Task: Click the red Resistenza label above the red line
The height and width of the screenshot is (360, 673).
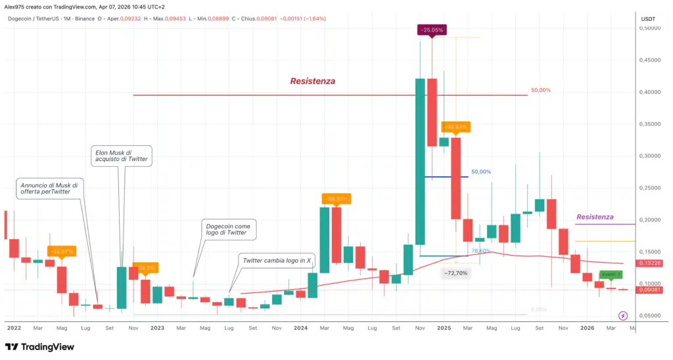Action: [313, 81]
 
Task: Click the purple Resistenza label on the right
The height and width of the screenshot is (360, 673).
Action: [595, 217]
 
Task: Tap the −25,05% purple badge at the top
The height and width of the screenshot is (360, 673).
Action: [432, 30]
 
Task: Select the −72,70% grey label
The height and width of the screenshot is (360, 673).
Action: [455, 273]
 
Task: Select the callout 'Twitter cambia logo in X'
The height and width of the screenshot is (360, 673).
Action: [275, 261]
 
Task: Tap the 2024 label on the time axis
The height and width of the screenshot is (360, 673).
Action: [300, 326]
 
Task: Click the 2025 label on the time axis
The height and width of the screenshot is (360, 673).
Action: [444, 326]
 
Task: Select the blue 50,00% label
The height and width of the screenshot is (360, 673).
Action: [481, 171]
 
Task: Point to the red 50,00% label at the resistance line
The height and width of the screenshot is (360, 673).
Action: [540, 90]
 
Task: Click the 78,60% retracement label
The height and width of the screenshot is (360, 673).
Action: [481, 251]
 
